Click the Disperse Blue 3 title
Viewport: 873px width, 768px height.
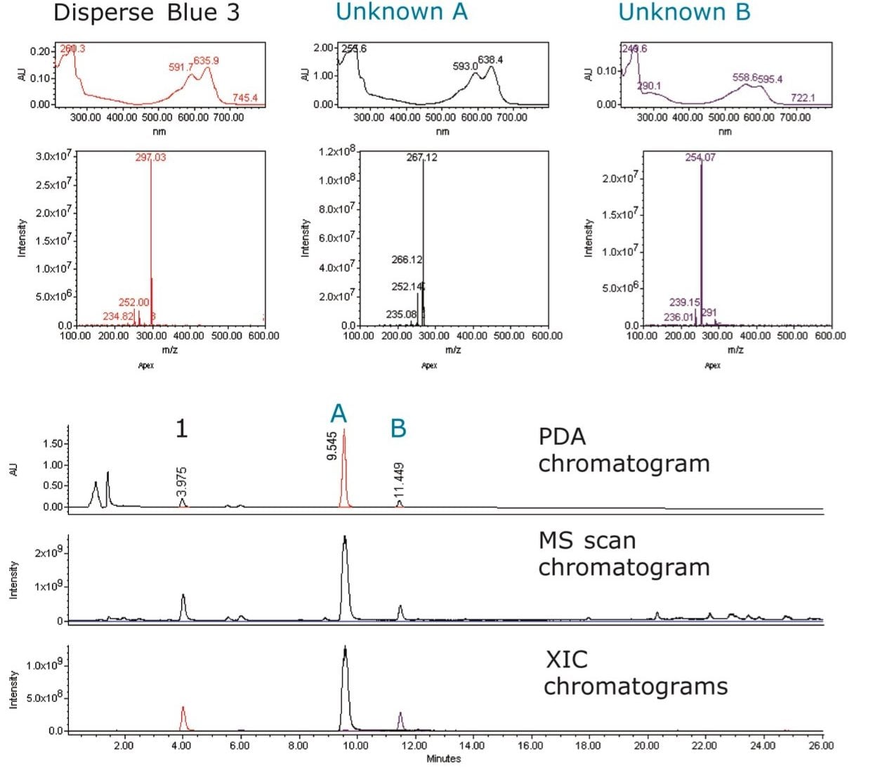(x=146, y=13)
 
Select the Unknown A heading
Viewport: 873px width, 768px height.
(x=401, y=12)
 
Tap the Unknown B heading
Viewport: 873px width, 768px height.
(x=684, y=12)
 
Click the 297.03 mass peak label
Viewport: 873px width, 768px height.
(x=150, y=157)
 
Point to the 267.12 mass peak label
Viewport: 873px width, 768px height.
(x=421, y=157)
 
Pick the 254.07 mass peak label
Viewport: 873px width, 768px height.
(x=700, y=157)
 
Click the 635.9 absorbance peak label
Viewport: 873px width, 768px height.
(x=206, y=60)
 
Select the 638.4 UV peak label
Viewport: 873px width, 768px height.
(x=490, y=60)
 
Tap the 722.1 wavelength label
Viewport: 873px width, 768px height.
(x=803, y=98)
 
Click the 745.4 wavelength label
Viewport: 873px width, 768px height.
(x=245, y=98)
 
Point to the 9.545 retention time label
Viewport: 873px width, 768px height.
(x=332, y=446)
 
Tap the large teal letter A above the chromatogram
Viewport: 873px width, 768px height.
(x=339, y=414)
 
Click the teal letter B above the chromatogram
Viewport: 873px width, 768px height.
(x=398, y=428)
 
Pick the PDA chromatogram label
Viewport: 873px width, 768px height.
(x=624, y=450)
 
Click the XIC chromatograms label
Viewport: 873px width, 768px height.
(x=635, y=672)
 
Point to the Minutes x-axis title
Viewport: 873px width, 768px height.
(x=443, y=759)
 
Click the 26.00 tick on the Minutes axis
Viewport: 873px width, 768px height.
(x=821, y=746)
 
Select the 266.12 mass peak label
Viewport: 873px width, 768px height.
(x=407, y=260)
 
